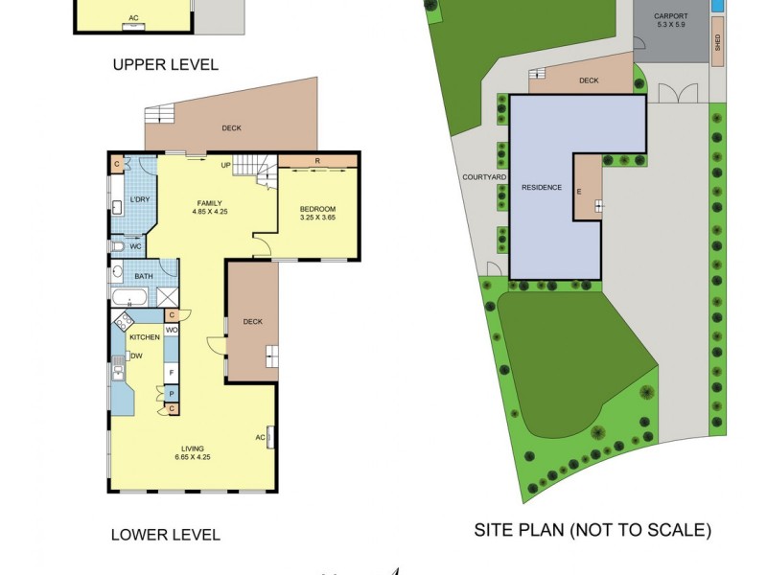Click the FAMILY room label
pos(210,203)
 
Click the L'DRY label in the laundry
pos(140,199)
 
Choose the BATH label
pos(143,277)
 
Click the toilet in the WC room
pos(117,246)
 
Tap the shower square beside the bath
pos(167,296)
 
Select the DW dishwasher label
pos(136,356)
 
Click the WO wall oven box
pos(172,331)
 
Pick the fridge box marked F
pos(172,371)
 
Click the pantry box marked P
pos(172,393)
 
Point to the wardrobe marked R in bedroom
pos(317,161)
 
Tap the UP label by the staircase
pos(226,165)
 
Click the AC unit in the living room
pos(267,437)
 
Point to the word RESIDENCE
pos(542,187)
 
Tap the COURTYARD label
pos(484,177)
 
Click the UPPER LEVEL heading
pos(165,65)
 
